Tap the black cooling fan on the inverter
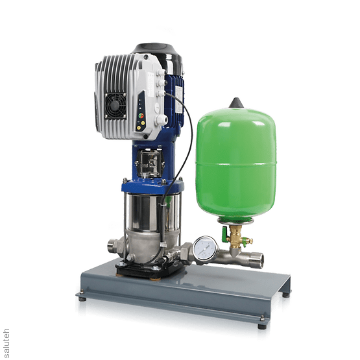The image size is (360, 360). tap(115, 106)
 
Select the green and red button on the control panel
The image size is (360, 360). tap(141, 115)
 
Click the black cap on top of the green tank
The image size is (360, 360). tap(236, 103)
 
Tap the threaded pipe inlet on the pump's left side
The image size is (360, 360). tap(113, 246)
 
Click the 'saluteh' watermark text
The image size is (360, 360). tap(6, 343)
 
